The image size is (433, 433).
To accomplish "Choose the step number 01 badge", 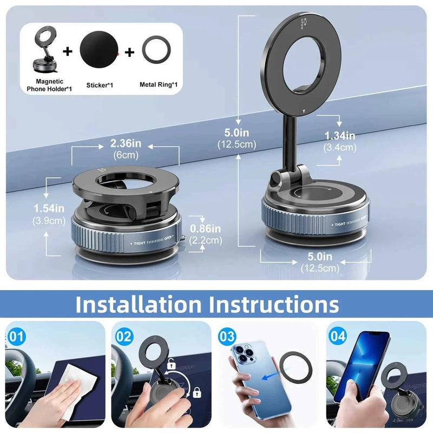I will pos(18,336).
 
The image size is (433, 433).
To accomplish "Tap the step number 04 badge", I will pos(337,336).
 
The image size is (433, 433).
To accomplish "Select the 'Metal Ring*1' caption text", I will pos(159,84).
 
